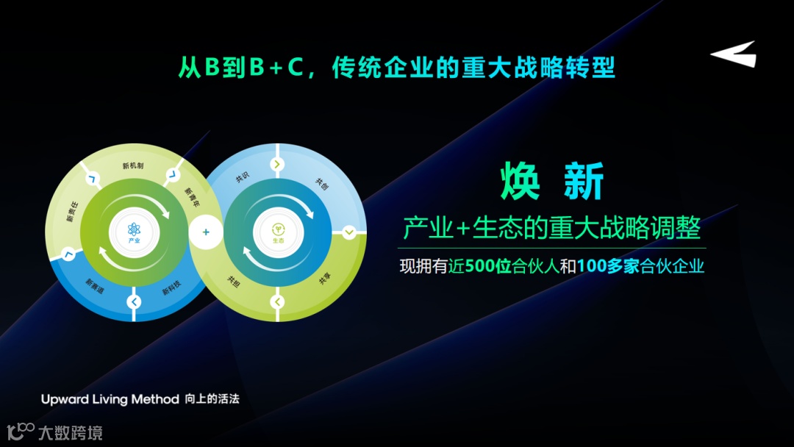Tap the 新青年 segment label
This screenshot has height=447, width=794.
(x=191, y=195)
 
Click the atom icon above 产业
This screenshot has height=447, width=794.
(x=134, y=229)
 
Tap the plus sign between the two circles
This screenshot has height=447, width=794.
(x=206, y=232)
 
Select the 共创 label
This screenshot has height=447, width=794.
(x=321, y=184)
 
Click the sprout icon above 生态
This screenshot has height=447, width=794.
(x=278, y=229)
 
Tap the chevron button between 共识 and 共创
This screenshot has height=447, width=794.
(x=277, y=164)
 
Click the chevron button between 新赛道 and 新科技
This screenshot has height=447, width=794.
(x=134, y=301)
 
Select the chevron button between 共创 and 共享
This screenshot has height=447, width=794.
(x=349, y=232)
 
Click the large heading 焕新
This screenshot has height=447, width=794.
(x=551, y=182)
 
